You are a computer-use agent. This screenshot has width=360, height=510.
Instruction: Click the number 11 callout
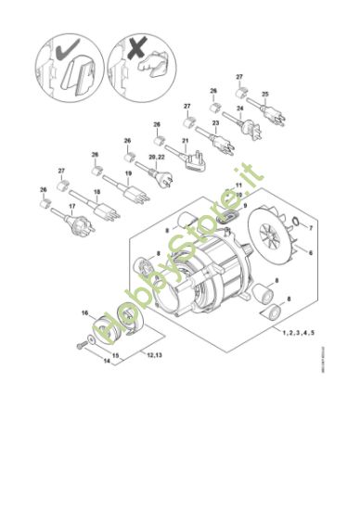tap(238, 185)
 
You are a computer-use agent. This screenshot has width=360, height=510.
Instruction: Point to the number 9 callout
tap(246, 204)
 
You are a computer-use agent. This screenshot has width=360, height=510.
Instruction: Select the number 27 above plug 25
tap(238, 75)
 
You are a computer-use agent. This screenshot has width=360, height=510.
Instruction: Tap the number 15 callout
tap(115, 355)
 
